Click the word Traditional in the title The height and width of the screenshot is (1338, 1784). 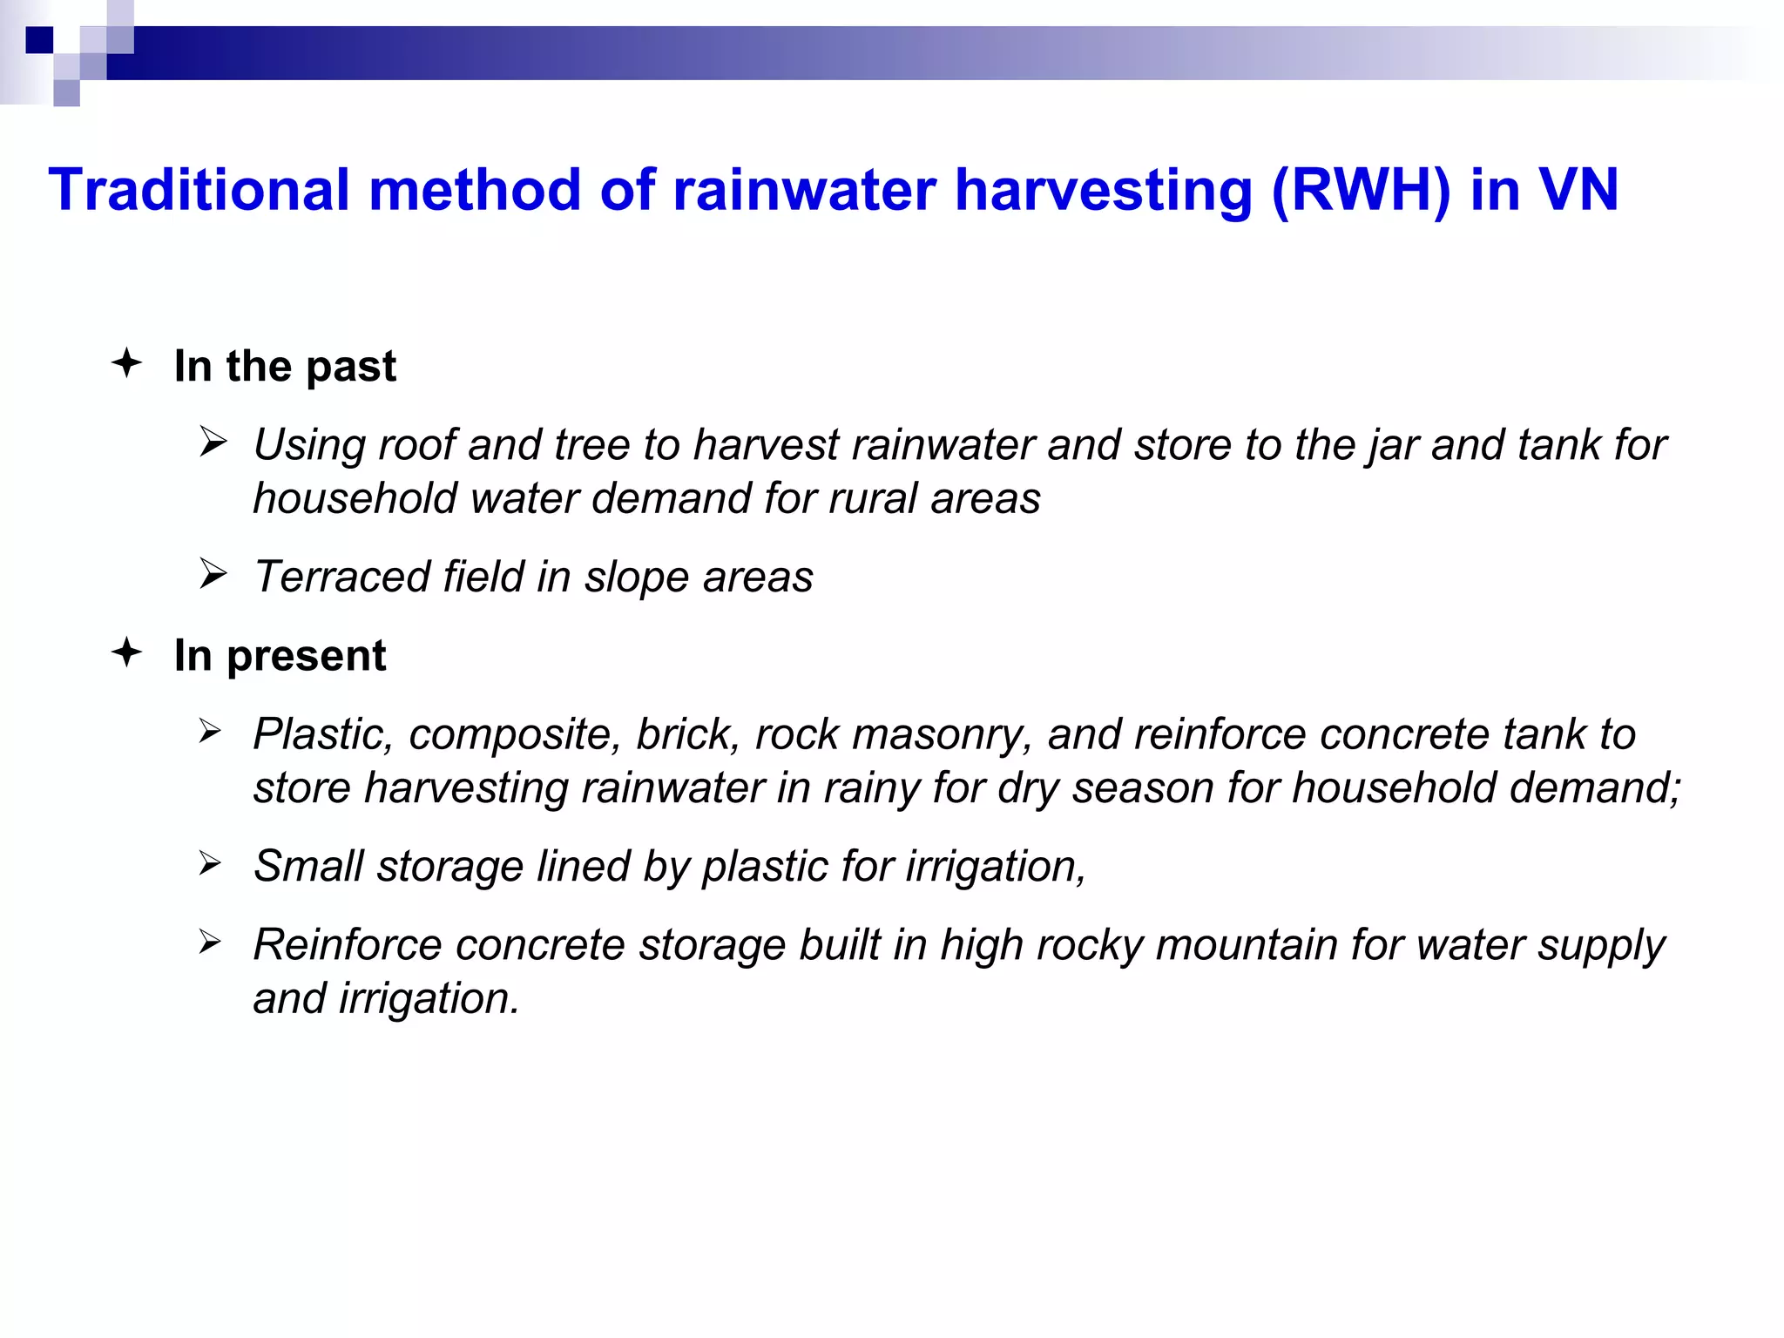[x=199, y=190]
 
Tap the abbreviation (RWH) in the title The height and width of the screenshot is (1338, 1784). [x=1361, y=190]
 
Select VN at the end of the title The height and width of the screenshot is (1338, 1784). [x=1578, y=190]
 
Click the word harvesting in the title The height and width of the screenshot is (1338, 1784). [x=1104, y=190]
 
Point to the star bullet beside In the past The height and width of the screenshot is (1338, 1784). [x=127, y=362]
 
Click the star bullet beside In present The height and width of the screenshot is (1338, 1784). [x=127, y=652]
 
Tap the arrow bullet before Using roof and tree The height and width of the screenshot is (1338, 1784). [x=213, y=442]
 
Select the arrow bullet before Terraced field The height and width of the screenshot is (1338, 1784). [x=213, y=574]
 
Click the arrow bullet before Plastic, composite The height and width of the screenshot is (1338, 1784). [x=210, y=731]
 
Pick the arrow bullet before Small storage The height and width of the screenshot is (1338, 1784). [x=210, y=863]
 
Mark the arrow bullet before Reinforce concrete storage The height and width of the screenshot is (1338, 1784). [x=210, y=942]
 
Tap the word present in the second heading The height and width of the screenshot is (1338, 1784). [x=306, y=656]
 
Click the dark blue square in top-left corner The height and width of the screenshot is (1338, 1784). [x=39, y=40]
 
